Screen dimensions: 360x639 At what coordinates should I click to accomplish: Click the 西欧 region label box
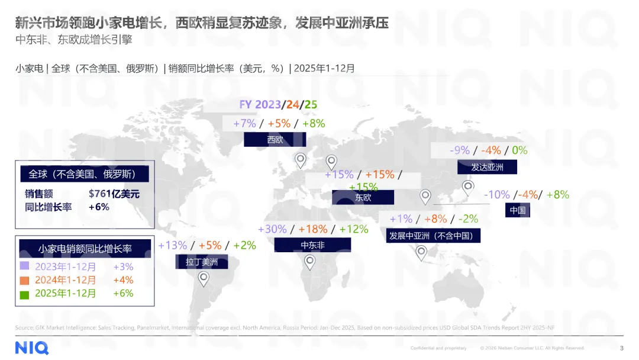275,140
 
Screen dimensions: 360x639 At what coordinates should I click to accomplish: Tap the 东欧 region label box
363,198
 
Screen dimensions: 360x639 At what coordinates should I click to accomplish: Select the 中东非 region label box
312,245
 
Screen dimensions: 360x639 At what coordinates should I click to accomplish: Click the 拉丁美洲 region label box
202,262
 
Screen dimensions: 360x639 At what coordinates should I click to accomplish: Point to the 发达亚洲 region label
487,167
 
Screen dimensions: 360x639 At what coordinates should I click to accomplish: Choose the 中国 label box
517,210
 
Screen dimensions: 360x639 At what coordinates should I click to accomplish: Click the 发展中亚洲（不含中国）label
433,236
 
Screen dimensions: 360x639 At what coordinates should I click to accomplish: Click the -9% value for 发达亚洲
460,150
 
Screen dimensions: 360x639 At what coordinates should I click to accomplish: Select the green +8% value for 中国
557,195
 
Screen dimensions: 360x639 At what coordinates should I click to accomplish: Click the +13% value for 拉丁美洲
173,245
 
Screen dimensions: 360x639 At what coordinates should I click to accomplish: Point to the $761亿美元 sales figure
114,194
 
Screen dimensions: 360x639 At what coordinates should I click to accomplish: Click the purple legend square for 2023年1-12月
24,267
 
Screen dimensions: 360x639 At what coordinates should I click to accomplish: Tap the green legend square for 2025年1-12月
24,294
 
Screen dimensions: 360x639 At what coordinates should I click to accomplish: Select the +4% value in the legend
123,280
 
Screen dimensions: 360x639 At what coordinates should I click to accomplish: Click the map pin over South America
204,279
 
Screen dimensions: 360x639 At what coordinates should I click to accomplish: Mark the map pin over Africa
310,262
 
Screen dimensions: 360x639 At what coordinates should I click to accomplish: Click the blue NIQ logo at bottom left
32,348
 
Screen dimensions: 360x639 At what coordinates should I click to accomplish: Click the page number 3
621,348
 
